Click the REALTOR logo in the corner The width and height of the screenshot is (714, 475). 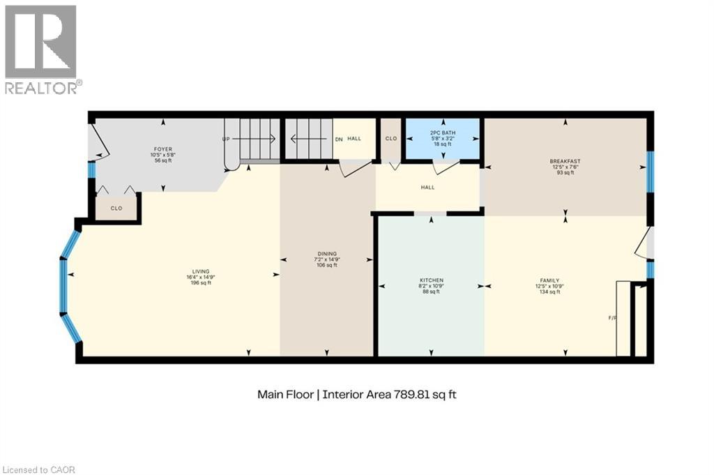point(41,49)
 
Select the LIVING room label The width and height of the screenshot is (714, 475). point(202,272)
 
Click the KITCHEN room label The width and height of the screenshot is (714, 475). point(431,280)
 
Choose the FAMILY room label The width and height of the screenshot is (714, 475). point(548,280)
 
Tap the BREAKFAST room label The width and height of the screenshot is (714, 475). point(565,162)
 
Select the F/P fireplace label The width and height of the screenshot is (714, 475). point(612,318)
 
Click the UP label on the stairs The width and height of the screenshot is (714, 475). point(226,139)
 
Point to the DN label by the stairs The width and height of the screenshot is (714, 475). point(339,139)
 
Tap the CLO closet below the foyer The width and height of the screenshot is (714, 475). point(116,208)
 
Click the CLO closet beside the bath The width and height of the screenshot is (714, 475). point(391,139)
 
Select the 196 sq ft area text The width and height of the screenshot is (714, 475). point(202,283)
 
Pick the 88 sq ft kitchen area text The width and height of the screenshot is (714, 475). point(431,292)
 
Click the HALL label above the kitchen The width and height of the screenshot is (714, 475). point(427,187)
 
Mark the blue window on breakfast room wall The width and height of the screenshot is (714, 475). point(649,171)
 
